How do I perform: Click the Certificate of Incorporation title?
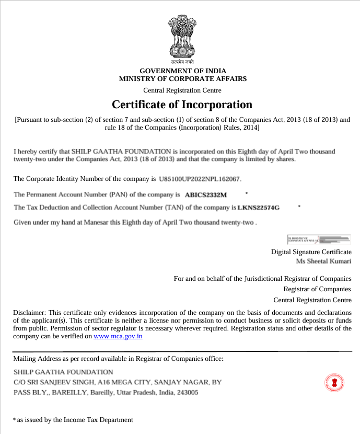pyautogui.click(x=182, y=104)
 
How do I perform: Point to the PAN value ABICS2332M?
pyautogui.click(x=206, y=195)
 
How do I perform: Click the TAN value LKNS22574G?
pyautogui.click(x=259, y=208)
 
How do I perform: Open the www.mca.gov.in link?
pyautogui.click(x=118, y=336)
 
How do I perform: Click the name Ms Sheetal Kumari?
pyautogui.click(x=324, y=261)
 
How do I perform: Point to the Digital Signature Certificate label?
pyautogui.click(x=311, y=252)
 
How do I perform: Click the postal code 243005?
pyautogui.click(x=188, y=392)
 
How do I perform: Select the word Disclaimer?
pyautogui.click(x=29, y=312)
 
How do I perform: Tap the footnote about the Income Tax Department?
pyautogui.click(x=73, y=419)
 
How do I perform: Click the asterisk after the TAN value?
pyautogui.click(x=299, y=206)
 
